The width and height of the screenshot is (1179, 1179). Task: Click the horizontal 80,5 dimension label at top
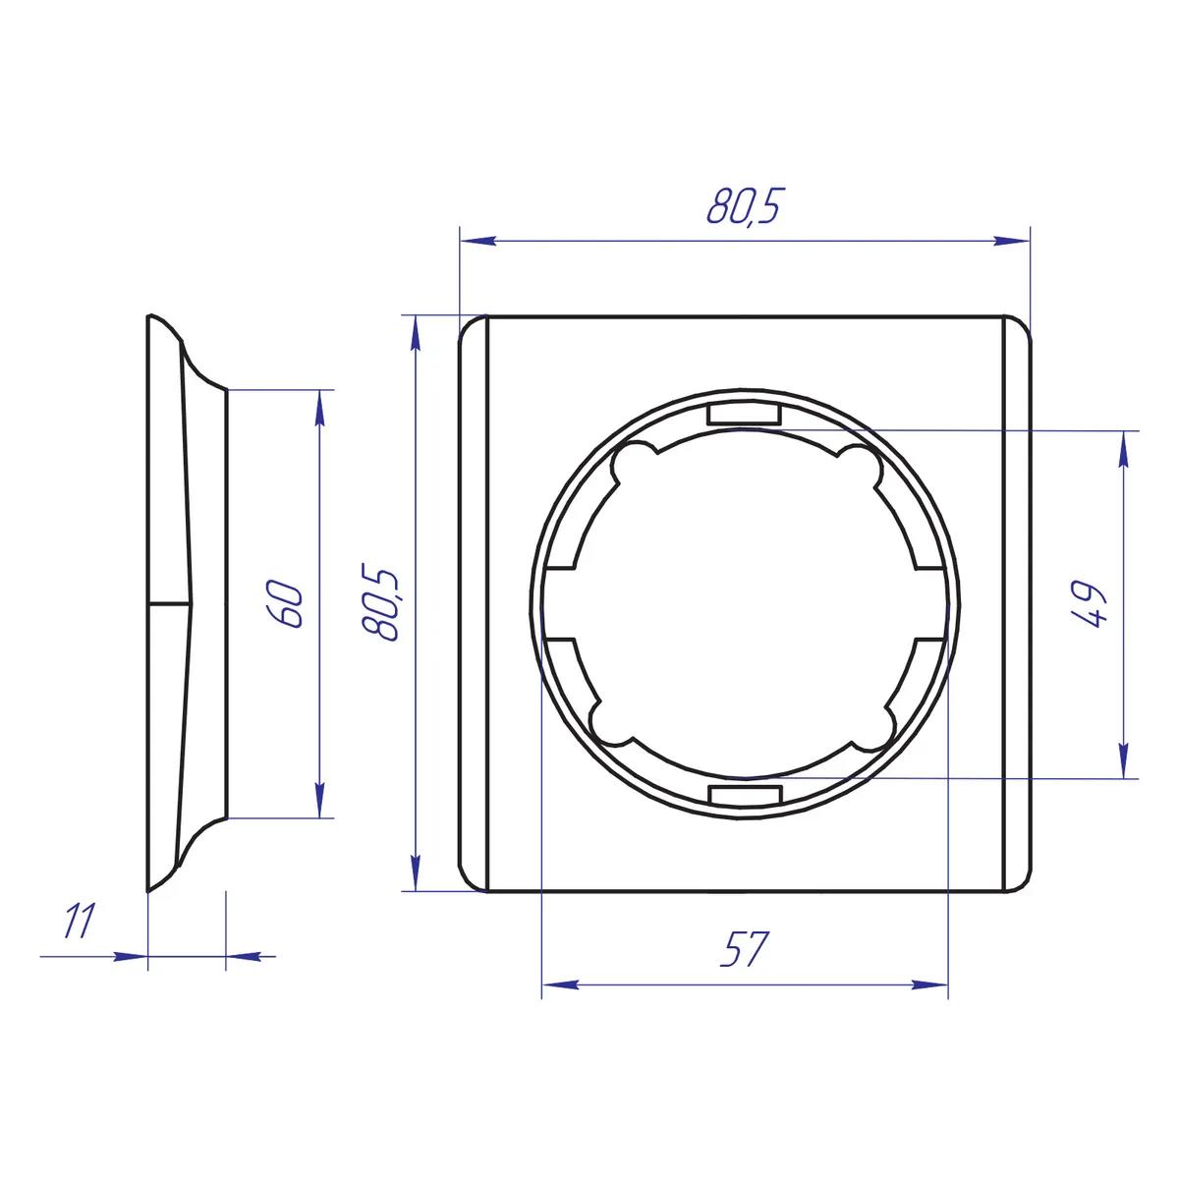(x=744, y=206)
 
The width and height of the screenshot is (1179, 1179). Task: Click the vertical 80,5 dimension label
(x=380, y=602)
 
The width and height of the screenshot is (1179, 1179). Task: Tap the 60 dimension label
(x=285, y=604)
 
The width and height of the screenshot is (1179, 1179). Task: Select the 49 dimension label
(x=1091, y=604)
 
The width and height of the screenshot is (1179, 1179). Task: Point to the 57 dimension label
(x=743, y=949)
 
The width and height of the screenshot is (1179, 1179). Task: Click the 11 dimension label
(x=81, y=920)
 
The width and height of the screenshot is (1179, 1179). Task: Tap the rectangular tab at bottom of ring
(x=745, y=795)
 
